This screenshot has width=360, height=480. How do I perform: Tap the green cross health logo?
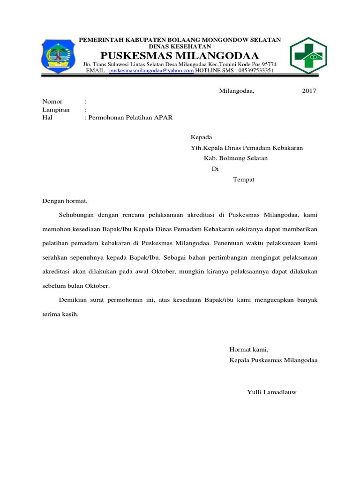pos(308,56)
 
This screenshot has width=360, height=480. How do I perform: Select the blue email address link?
pos(151,70)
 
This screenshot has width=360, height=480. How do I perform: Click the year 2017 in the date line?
pos(309,90)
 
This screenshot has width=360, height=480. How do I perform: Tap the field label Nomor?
pos(52,101)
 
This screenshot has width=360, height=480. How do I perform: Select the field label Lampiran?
pos(56,109)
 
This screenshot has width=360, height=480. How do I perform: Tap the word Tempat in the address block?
pos(244,180)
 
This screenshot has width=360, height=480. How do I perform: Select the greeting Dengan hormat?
pos(65,201)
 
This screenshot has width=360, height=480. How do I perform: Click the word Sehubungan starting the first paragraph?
pos(77,215)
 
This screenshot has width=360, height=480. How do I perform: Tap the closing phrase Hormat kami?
pos(248,349)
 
